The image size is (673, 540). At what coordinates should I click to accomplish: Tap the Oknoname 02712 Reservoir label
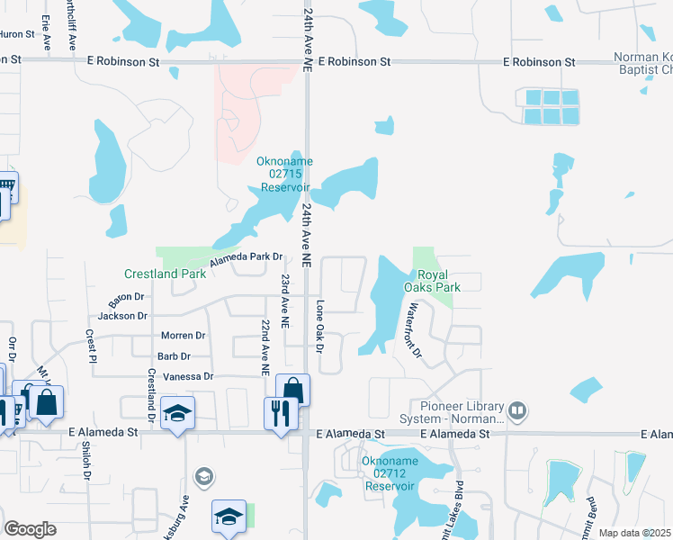click(x=389, y=473)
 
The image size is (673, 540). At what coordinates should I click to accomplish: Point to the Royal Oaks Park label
click(x=438, y=280)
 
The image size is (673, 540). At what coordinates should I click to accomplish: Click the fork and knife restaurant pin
click(x=281, y=413)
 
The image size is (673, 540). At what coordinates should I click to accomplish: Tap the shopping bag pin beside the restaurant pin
click(x=292, y=390)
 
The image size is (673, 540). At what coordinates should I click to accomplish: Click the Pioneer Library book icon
click(x=517, y=411)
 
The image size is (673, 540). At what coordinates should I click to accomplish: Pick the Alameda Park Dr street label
click(x=247, y=260)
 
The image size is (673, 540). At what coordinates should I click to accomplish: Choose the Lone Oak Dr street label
click(x=319, y=326)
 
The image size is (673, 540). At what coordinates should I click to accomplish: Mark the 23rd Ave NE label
click(x=285, y=301)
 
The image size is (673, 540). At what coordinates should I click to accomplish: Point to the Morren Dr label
click(x=183, y=336)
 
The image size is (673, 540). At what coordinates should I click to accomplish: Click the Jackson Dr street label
click(x=122, y=316)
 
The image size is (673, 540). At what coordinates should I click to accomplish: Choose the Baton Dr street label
click(x=126, y=296)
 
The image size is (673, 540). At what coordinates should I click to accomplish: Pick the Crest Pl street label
click(x=90, y=345)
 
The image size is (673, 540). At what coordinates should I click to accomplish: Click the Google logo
click(x=30, y=529)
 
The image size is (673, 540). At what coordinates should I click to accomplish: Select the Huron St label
click(x=14, y=34)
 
